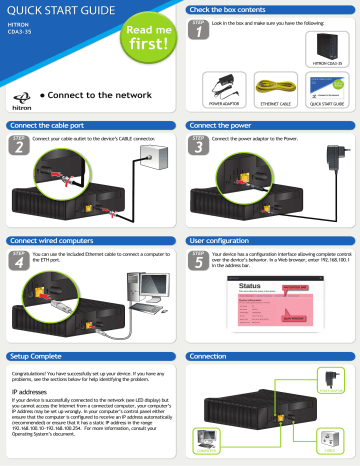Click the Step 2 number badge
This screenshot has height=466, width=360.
(x=17, y=148)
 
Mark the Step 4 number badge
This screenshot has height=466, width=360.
(x=17, y=262)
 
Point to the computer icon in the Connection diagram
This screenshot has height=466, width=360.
(x=226, y=448)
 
